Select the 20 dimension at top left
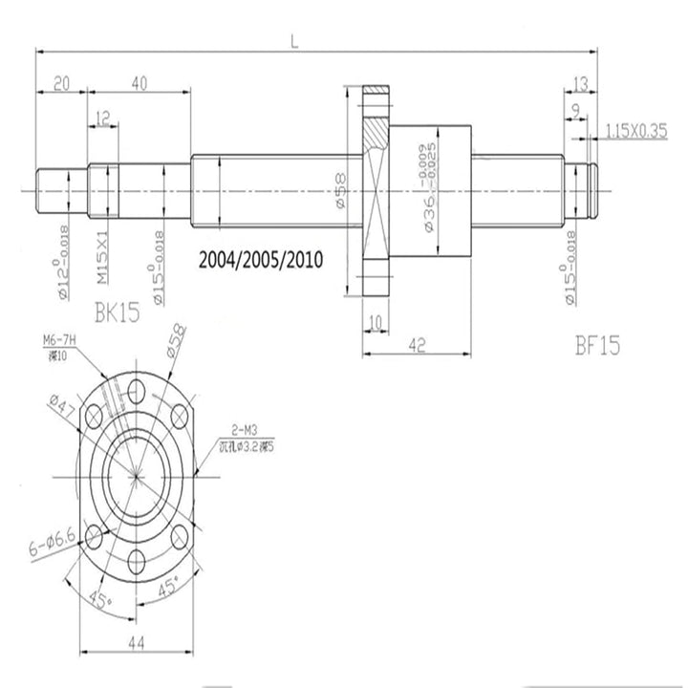(x=62, y=84)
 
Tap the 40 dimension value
(x=139, y=84)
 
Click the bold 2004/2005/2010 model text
(x=260, y=259)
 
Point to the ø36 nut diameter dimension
(x=432, y=191)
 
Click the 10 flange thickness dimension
(x=376, y=323)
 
